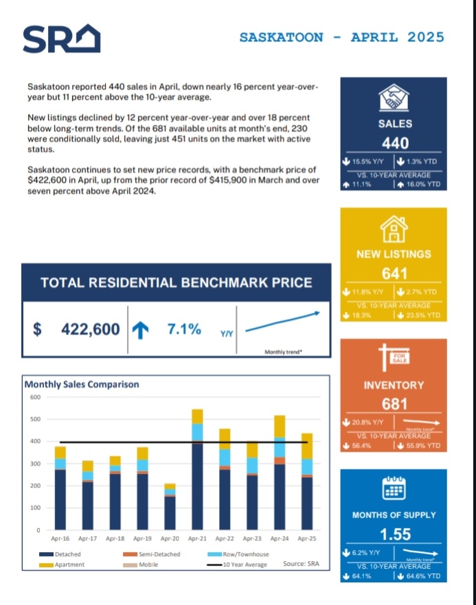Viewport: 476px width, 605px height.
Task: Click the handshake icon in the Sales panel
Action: click(x=395, y=97)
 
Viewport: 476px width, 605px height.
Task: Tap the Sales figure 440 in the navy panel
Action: click(x=395, y=143)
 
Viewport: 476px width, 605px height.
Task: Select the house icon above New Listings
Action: click(x=394, y=228)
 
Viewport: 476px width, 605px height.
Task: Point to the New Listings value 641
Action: click(x=394, y=274)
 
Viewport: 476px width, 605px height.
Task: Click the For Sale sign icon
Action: click(x=394, y=359)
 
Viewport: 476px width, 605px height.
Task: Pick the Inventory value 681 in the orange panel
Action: click(x=394, y=404)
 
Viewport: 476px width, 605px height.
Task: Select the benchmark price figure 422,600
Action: click(x=90, y=329)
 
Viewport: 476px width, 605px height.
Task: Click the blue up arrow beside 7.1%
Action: click(x=140, y=330)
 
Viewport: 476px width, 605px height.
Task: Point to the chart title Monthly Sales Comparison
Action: click(x=82, y=384)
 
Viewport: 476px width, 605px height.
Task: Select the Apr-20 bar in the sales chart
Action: click(x=170, y=507)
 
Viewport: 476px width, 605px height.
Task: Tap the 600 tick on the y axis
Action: click(x=34, y=397)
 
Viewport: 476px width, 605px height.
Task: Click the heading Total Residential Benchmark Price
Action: click(x=176, y=283)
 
